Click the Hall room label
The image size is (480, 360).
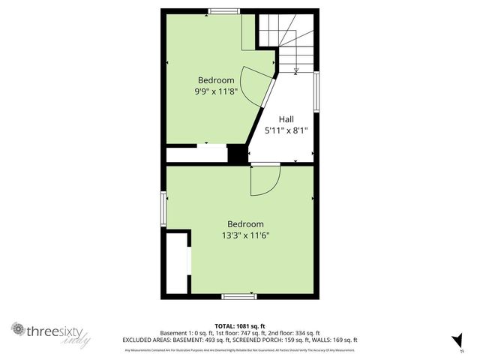tap(286, 119)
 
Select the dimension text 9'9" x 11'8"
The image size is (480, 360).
tap(216, 91)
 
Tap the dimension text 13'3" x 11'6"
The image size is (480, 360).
tap(245, 235)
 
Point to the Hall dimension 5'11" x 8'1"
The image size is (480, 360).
tap(286, 130)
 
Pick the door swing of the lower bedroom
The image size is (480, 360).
tap(264, 180)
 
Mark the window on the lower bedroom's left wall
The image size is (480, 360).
tap(163, 208)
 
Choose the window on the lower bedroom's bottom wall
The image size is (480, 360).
tap(239, 297)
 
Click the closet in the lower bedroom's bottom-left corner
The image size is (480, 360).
tap(177, 263)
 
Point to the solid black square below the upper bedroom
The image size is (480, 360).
tap(237, 154)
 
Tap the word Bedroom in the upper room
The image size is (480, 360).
tap(216, 80)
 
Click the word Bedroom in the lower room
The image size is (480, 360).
tap(245, 224)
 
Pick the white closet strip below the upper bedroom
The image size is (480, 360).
tap(196, 154)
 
